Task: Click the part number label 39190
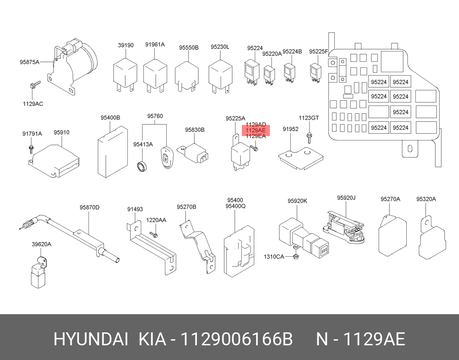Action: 126,45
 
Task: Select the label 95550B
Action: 189,47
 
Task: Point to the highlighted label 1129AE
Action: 255,131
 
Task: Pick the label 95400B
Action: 110,118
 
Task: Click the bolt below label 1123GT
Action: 309,137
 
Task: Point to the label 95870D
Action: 89,207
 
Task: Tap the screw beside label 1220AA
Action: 154,235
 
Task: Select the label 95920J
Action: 346,198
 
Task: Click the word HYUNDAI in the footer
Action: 90,339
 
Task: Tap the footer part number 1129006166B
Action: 237,339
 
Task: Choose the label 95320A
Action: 426,199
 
